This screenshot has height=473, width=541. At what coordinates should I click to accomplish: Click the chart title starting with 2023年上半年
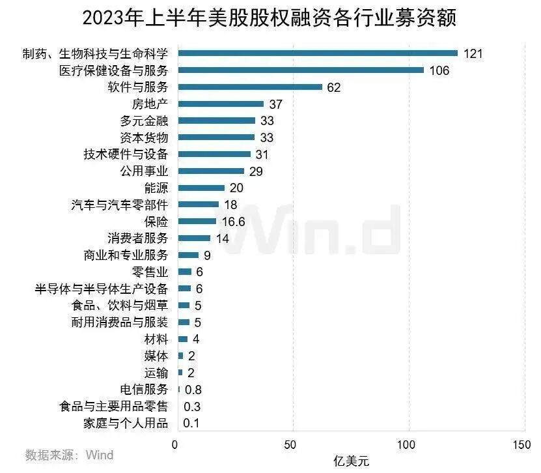[x=270, y=18]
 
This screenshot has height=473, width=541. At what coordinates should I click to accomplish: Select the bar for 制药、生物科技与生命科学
[x=318, y=53]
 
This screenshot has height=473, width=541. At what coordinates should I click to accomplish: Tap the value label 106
[x=439, y=70]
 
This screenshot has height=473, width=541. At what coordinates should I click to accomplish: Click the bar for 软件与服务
[x=250, y=87]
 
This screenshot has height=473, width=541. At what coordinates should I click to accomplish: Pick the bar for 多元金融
[x=216, y=121]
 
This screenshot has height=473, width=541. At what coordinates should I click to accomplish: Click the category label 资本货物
[x=144, y=137]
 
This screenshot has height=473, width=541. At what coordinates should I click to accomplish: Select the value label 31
[x=264, y=154]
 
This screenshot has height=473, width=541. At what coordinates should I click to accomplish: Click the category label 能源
[x=156, y=188]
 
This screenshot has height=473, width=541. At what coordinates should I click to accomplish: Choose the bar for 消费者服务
[x=194, y=238]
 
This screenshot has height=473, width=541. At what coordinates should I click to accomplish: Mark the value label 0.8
[x=193, y=390]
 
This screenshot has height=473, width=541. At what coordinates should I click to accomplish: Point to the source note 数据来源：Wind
[x=69, y=455]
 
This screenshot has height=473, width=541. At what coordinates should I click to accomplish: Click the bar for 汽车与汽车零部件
[x=198, y=205]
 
